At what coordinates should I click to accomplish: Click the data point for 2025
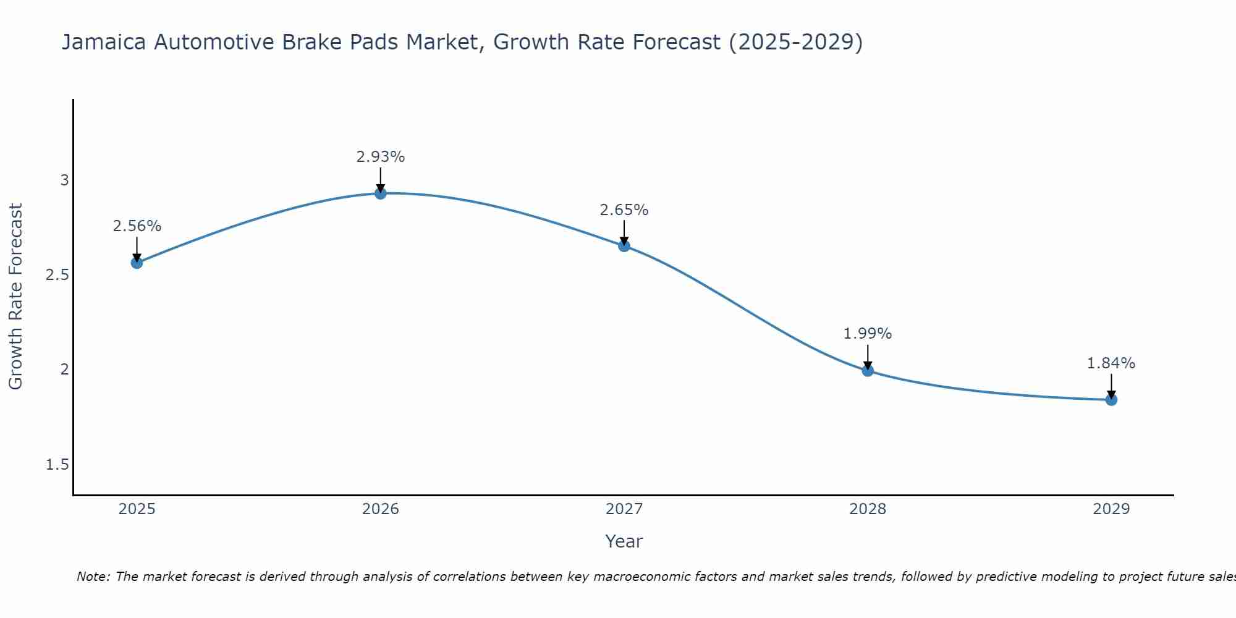pyautogui.click(x=137, y=263)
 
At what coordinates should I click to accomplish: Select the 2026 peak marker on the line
pyautogui.click(x=381, y=193)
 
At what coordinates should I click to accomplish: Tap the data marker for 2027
pyautogui.click(x=624, y=246)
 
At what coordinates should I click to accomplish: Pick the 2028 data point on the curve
pyautogui.click(x=868, y=371)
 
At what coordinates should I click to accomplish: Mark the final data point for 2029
pyautogui.click(x=1111, y=400)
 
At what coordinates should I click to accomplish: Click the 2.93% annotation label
pyautogui.click(x=381, y=157)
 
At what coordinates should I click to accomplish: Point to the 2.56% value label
pyautogui.click(x=137, y=226)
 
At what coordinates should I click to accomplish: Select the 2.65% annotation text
pyautogui.click(x=624, y=210)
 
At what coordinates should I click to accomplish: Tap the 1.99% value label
pyautogui.click(x=868, y=334)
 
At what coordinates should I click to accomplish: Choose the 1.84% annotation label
pyautogui.click(x=1111, y=363)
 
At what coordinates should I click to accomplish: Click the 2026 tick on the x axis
pyautogui.click(x=381, y=509)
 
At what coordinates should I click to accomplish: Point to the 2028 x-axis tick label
pyautogui.click(x=868, y=509)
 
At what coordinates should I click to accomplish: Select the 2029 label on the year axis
pyautogui.click(x=1111, y=509)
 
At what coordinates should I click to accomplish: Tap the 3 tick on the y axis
pyautogui.click(x=64, y=180)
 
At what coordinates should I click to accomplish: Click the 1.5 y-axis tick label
pyautogui.click(x=57, y=465)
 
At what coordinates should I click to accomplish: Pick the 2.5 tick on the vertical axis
pyautogui.click(x=57, y=275)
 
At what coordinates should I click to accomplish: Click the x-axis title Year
pyautogui.click(x=624, y=541)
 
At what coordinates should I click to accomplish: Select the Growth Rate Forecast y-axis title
pyautogui.click(x=16, y=297)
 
